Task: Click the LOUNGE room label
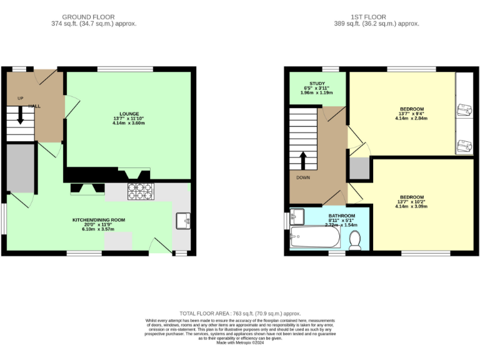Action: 129,114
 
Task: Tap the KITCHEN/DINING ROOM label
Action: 99,220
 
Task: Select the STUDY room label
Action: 317,83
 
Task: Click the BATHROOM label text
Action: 341,215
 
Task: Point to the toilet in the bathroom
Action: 355,240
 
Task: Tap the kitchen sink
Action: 182,221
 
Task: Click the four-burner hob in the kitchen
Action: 140,191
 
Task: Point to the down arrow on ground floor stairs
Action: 21,117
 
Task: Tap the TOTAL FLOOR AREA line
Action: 240,313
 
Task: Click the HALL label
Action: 34,106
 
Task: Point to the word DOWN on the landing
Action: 303,177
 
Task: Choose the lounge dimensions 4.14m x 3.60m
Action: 129,123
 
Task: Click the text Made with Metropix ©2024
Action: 240,342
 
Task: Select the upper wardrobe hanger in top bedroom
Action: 464,110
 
